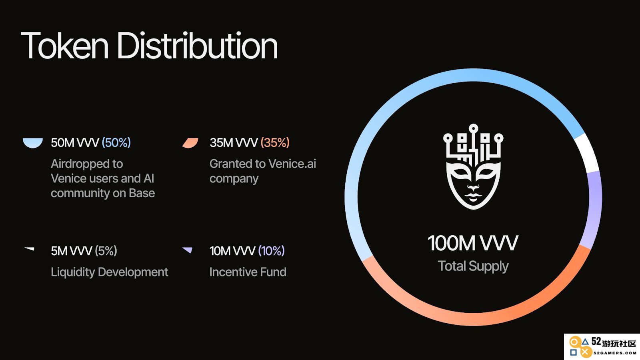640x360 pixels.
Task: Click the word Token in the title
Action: pyautogui.click(x=64, y=46)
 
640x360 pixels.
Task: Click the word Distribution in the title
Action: pyautogui.click(x=197, y=45)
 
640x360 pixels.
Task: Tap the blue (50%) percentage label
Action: pyautogui.click(x=116, y=142)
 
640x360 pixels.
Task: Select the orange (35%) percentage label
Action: pyautogui.click(x=275, y=142)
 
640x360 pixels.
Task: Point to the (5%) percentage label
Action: pyautogui.click(x=106, y=250)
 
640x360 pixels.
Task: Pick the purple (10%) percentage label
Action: pyautogui.click(x=271, y=250)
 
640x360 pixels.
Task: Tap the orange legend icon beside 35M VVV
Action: pyautogui.click(x=190, y=143)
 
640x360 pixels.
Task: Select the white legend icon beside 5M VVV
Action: pyautogui.click(x=30, y=249)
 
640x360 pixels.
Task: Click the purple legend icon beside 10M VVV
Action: pyautogui.click(x=188, y=250)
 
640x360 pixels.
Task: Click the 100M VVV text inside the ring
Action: pyautogui.click(x=473, y=243)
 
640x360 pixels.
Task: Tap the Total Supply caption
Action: pyautogui.click(x=473, y=266)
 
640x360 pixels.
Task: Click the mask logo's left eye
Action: pyautogui.click(x=460, y=172)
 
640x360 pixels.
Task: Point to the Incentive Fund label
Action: pyautogui.click(x=248, y=272)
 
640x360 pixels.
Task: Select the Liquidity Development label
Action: pyautogui.click(x=110, y=272)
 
